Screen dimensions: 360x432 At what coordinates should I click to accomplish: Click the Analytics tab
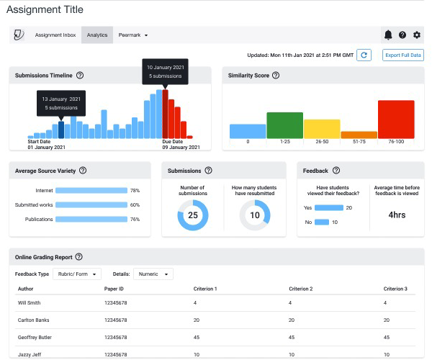96,35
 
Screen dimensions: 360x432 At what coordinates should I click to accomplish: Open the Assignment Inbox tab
55,35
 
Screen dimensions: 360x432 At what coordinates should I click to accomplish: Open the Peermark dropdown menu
133,35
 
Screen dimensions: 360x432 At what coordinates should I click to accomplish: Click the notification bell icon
388,35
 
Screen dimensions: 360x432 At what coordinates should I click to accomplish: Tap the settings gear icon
417,35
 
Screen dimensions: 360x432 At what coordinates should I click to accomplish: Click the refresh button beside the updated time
364,55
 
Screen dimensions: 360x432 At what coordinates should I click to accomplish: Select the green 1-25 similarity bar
284,125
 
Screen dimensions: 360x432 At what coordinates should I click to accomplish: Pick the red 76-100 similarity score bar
396,120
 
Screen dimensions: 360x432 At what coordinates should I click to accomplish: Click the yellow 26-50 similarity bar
322,129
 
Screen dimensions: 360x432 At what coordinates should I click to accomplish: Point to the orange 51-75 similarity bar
359,135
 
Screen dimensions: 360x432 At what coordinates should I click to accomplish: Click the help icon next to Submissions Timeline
80,75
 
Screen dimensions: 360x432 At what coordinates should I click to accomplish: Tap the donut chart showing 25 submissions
192,215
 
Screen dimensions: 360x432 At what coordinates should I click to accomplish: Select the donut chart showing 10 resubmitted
254,215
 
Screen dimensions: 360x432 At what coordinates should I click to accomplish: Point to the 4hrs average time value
397,214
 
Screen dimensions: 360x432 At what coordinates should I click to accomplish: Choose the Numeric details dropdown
153,274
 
